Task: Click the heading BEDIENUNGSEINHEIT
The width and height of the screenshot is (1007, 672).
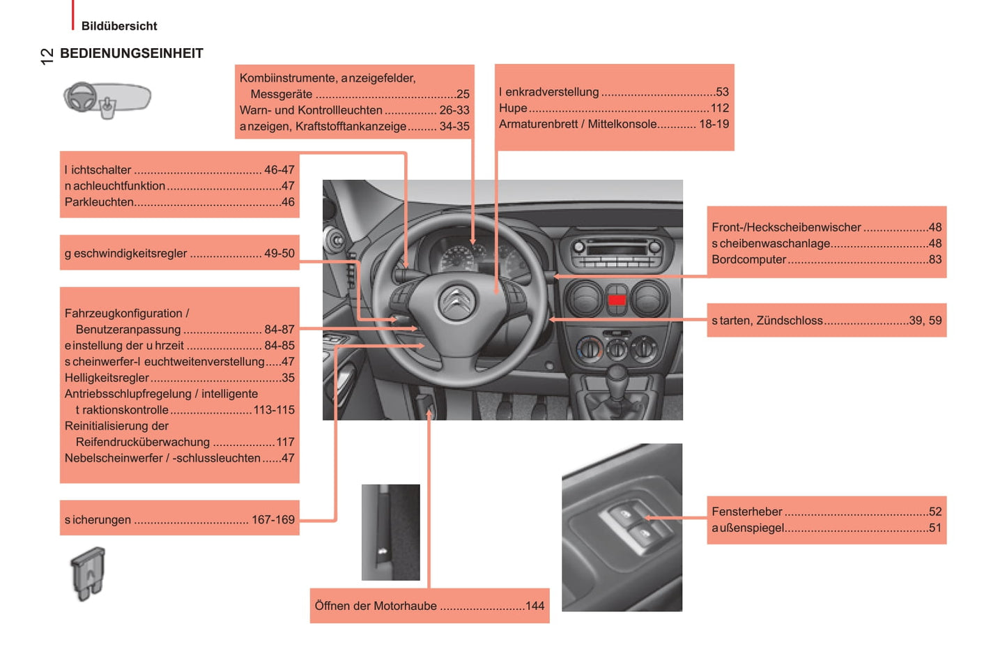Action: pyautogui.click(x=131, y=53)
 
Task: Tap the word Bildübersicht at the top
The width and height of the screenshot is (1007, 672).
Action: pyautogui.click(x=119, y=26)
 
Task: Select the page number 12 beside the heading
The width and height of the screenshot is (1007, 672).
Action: pyautogui.click(x=47, y=56)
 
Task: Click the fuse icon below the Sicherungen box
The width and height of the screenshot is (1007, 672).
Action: pyautogui.click(x=88, y=574)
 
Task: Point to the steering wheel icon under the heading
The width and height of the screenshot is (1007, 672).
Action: pyautogui.click(x=107, y=100)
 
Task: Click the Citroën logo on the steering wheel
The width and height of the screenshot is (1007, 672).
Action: pyautogui.click(x=456, y=301)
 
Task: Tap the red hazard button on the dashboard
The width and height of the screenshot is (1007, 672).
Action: pyautogui.click(x=616, y=300)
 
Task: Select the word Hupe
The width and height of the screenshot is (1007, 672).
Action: pyautogui.click(x=513, y=109)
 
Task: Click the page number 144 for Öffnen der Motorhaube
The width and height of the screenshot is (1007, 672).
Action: pyautogui.click(x=535, y=606)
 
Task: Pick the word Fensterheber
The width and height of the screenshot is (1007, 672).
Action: pyautogui.click(x=746, y=512)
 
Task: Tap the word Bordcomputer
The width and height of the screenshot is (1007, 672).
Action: pyautogui.click(x=748, y=259)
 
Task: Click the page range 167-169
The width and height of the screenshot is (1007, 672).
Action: pyautogui.click(x=273, y=519)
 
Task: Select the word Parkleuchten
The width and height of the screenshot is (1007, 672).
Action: pyautogui.click(x=99, y=202)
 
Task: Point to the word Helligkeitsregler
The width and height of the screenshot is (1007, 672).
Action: pyautogui.click(x=107, y=378)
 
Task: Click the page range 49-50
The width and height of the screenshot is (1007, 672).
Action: pyautogui.click(x=279, y=253)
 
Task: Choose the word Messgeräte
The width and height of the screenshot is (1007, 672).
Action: pyautogui.click(x=281, y=95)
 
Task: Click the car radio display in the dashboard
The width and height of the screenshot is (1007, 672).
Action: pyautogui.click(x=617, y=249)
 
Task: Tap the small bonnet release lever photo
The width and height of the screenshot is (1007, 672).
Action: pyautogui.click(x=391, y=532)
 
